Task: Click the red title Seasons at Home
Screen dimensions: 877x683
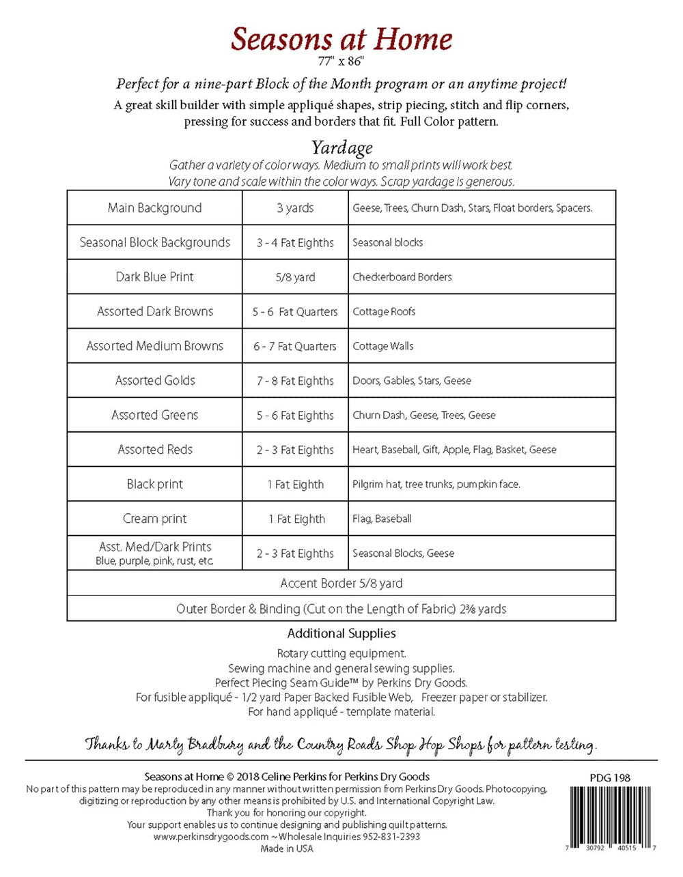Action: [x=341, y=39]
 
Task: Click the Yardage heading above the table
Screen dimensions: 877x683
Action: [x=341, y=147]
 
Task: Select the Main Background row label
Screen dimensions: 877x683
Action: [x=154, y=208]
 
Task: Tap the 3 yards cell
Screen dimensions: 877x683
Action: [x=295, y=208]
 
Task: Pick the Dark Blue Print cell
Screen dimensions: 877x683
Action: [x=154, y=277]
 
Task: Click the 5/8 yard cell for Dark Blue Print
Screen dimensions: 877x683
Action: [x=295, y=277]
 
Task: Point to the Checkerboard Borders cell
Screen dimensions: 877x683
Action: [x=402, y=277]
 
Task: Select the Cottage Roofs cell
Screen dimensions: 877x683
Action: [x=384, y=312]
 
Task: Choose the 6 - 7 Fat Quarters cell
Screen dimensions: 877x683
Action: [x=295, y=347]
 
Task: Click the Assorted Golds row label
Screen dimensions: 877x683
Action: [x=155, y=381]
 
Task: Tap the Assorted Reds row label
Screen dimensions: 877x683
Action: [x=155, y=450]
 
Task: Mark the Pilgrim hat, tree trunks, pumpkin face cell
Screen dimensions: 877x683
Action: [x=436, y=485]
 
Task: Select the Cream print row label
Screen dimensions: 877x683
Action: [x=154, y=519]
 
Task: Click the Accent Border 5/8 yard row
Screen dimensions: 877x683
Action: [x=341, y=584]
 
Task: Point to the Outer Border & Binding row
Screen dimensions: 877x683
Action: [x=341, y=609]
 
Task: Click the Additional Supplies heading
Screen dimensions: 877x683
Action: [x=341, y=633]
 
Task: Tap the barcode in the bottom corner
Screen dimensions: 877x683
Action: [x=612, y=814]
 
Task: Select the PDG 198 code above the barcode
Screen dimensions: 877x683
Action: [x=610, y=777]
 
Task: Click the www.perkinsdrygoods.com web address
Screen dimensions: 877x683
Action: [x=210, y=837]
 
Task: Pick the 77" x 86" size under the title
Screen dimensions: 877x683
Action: [x=341, y=61]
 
